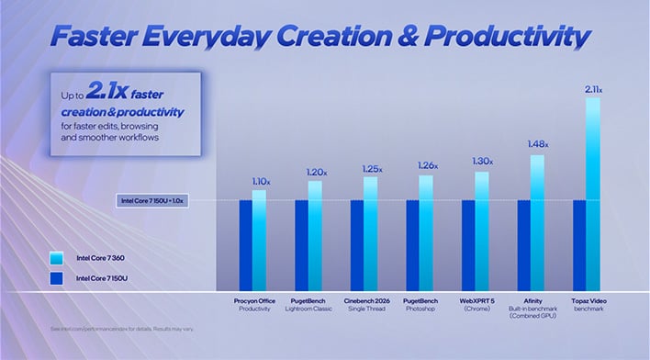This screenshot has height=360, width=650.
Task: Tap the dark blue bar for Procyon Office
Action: pos(246,245)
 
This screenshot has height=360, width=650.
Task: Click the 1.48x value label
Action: pos(537,144)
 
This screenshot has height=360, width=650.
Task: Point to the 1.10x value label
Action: pos(260,182)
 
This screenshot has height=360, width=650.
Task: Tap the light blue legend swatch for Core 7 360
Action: pos(57,258)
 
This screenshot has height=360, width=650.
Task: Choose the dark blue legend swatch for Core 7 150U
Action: pos(57,277)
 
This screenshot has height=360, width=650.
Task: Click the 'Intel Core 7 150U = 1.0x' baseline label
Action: pos(153,200)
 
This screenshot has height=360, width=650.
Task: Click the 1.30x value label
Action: pos(482,162)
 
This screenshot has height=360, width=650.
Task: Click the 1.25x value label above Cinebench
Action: pos(370,167)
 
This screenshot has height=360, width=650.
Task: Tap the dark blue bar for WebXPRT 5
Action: pos(468,245)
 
